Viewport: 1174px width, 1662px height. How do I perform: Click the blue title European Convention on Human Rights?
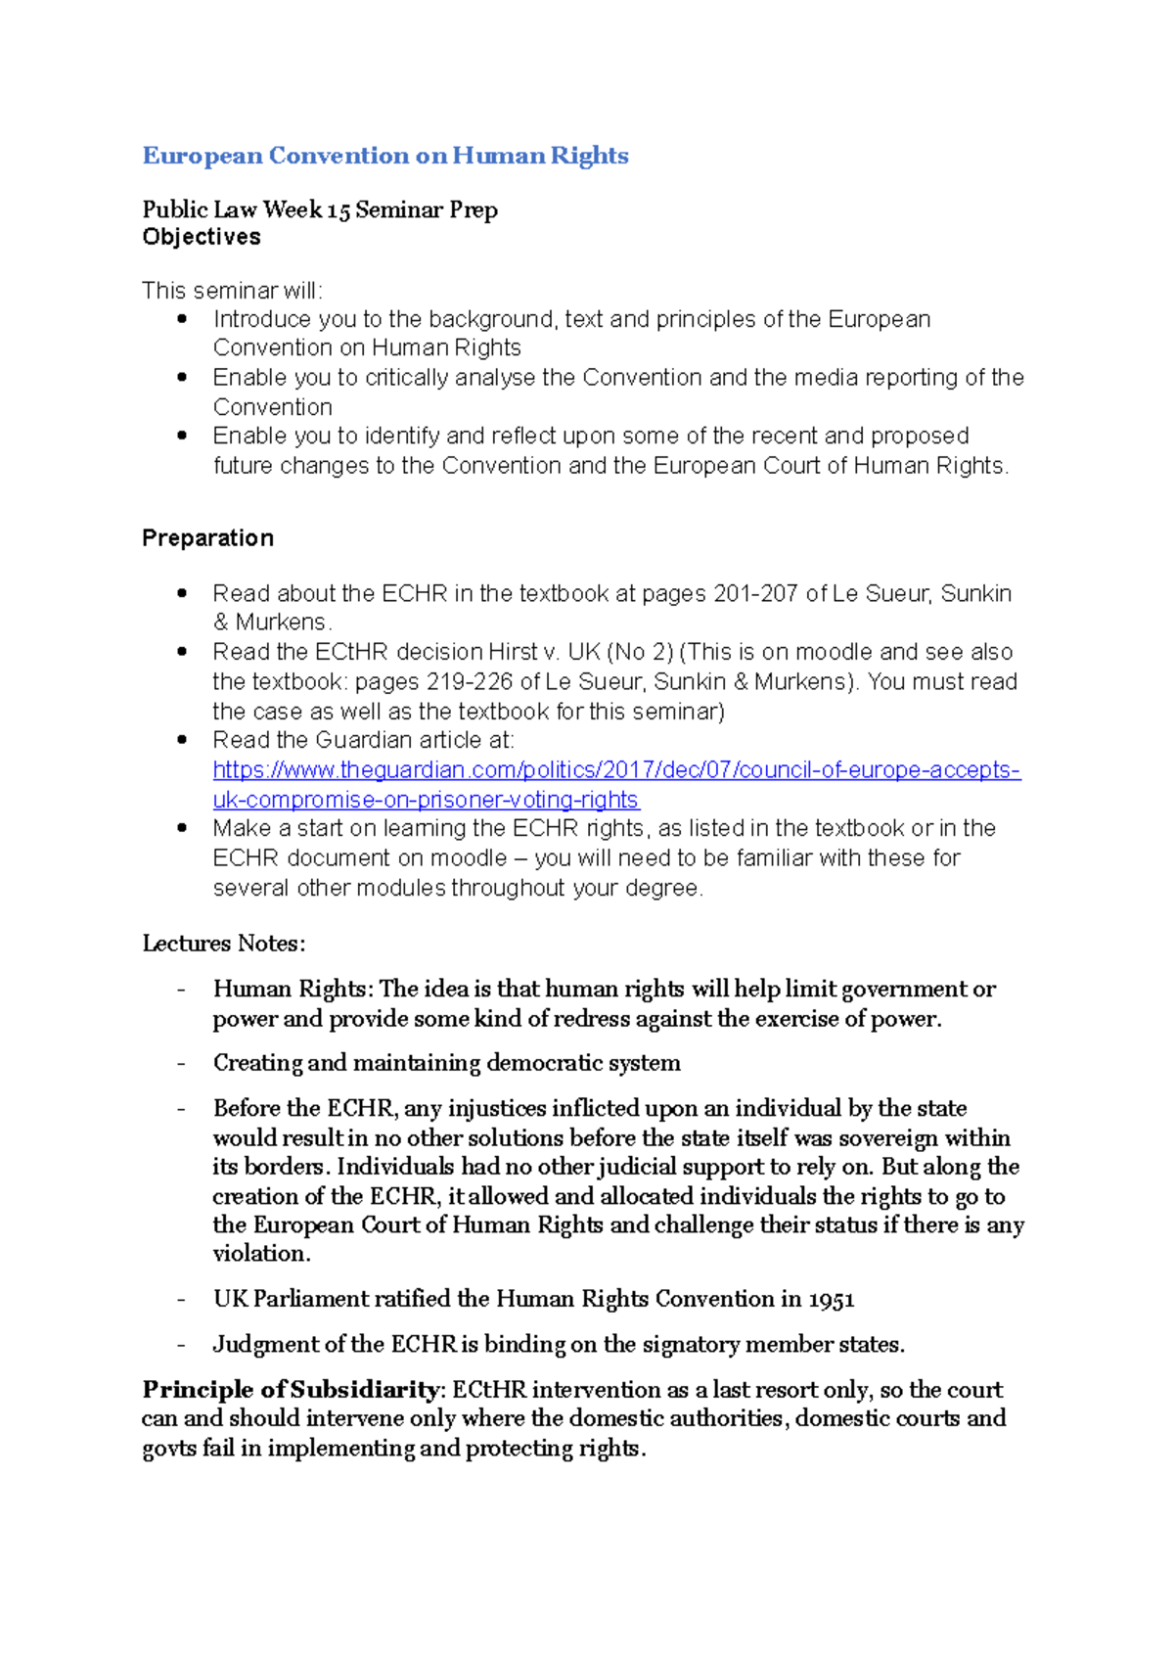[384, 156]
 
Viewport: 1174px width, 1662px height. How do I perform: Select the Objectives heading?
[202, 237]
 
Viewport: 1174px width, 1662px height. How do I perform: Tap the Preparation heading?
[207, 538]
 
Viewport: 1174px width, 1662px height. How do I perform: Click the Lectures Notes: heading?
[223, 944]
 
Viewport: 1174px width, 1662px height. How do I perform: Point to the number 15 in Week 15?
[339, 210]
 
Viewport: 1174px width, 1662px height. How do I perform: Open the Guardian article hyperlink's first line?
[616, 770]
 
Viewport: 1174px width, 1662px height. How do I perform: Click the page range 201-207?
[755, 594]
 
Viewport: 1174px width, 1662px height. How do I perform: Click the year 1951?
[832, 1300]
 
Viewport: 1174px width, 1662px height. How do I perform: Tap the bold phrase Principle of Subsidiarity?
[291, 1390]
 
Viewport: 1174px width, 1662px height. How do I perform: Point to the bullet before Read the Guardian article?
[182, 740]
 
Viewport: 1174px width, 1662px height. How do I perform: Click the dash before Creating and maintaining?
[181, 1064]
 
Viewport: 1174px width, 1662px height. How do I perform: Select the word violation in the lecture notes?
[260, 1254]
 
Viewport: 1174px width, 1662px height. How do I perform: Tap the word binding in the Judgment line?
[524, 1345]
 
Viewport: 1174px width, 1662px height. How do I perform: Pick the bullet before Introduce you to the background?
[182, 319]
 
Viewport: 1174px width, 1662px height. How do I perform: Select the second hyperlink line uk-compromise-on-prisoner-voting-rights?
[426, 800]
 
